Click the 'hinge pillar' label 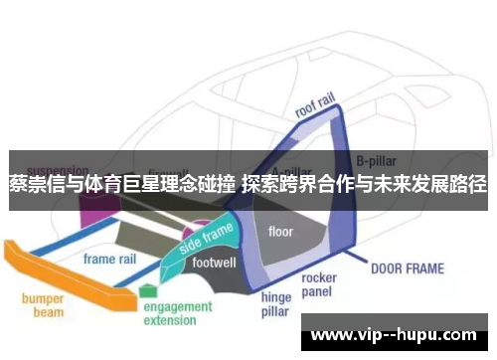tap(275, 303)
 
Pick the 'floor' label tap(281, 232)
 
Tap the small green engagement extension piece tap(148, 290)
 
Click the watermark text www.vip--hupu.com tap(398, 333)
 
